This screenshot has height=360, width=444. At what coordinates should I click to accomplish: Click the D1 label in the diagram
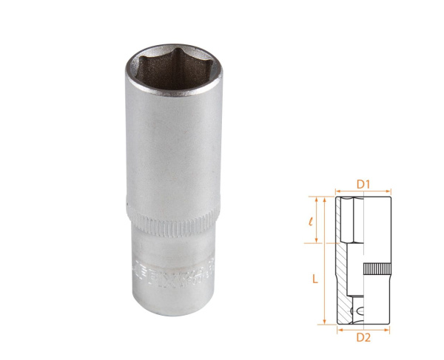click(x=363, y=183)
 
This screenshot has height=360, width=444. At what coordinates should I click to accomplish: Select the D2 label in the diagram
click(x=363, y=338)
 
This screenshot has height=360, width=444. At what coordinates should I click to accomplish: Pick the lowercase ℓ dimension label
click(x=313, y=220)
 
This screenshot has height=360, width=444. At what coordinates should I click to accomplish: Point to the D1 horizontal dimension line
click(x=363, y=191)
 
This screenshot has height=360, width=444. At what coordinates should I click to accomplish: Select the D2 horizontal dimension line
click(x=363, y=328)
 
